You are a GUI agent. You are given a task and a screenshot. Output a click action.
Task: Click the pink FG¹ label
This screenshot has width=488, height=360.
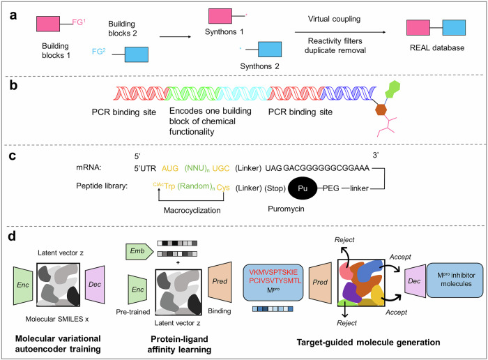pyautogui.click(x=79, y=22)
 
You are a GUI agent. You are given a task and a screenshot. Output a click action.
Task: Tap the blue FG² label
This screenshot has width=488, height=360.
pyautogui.click(x=99, y=52)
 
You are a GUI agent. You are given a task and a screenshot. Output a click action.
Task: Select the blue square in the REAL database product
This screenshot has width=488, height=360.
pyautogui.click(x=454, y=28)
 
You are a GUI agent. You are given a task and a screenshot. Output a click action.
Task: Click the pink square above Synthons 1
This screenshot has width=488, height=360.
pyautogui.click(x=220, y=16)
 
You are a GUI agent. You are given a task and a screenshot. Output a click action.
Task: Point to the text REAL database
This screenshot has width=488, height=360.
pyautogui.click(x=437, y=47)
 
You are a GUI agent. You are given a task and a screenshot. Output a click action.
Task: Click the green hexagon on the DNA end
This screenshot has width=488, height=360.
pyautogui.click(x=392, y=89)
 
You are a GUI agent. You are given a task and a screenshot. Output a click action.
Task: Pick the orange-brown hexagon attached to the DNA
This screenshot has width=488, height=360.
pyautogui.click(x=381, y=110)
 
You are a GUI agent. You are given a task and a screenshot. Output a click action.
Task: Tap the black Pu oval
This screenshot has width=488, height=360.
pyautogui.click(x=303, y=188)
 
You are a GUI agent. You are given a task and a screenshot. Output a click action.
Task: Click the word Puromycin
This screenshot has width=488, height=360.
pyautogui.click(x=286, y=209)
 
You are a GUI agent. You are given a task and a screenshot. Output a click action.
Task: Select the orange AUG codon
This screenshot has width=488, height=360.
pyautogui.click(x=170, y=168)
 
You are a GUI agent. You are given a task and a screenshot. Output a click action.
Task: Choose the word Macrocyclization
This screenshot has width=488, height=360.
pyautogui.click(x=192, y=210)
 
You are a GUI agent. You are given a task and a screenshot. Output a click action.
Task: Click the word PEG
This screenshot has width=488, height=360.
pyautogui.click(x=331, y=188)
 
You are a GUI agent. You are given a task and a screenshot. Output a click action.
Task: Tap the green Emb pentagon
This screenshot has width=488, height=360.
pyautogui.click(x=139, y=252)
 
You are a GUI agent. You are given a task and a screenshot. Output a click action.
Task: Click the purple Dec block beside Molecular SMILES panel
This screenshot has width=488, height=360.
pyautogui.click(x=95, y=285)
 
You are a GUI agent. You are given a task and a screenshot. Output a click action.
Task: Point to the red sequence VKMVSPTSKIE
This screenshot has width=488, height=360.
pyautogui.click(x=273, y=272)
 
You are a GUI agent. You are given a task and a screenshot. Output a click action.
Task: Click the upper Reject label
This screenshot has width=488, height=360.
pyautogui.click(x=344, y=240)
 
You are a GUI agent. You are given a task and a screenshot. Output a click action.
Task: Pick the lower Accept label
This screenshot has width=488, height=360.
pyautogui.click(x=396, y=313)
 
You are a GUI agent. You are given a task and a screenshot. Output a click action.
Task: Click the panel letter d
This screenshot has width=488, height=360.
pyautogui.click(x=12, y=237)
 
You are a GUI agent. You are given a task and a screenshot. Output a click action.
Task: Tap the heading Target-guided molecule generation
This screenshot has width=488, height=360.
pyautogui.click(x=368, y=343)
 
